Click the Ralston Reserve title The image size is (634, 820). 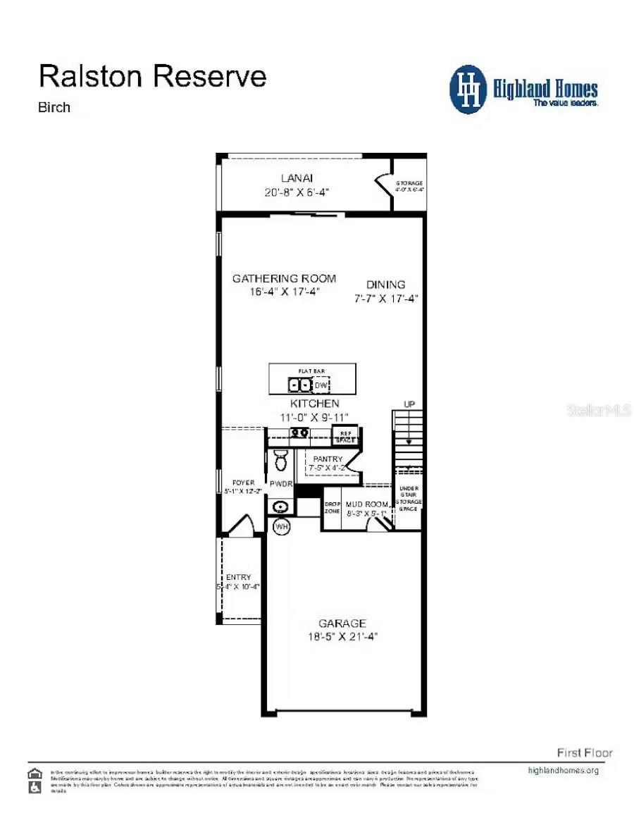[152, 76]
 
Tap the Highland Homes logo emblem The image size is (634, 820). [468, 89]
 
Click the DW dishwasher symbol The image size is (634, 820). [321, 385]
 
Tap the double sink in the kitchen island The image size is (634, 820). [299, 385]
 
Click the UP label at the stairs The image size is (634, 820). [409, 404]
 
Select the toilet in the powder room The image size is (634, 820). [280, 459]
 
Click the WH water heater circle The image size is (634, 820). [282, 527]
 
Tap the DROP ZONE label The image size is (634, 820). [332, 508]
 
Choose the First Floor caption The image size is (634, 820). [585, 752]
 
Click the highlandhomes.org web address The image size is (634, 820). [564, 770]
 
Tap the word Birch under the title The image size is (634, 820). [54, 108]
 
